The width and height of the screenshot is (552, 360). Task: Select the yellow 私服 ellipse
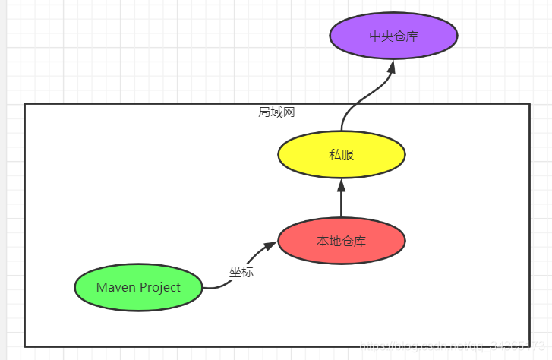[x=341, y=155]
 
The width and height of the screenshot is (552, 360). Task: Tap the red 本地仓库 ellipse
[x=341, y=242]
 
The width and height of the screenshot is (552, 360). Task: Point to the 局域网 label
[x=276, y=112]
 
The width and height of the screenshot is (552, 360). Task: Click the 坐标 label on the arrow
[x=241, y=272]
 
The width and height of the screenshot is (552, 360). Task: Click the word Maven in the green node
[x=117, y=287]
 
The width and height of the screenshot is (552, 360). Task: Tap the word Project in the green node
[x=160, y=287]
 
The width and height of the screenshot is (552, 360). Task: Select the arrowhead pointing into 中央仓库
[x=392, y=66]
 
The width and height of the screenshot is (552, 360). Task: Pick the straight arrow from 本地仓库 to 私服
[x=341, y=201]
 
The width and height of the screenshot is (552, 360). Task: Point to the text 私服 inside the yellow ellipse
[x=341, y=155]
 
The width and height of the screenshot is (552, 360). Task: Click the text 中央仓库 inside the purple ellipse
[x=393, y=36]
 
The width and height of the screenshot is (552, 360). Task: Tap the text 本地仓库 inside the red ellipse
[x=341, y=242]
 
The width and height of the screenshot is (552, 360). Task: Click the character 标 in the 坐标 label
[x=248, y=272]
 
